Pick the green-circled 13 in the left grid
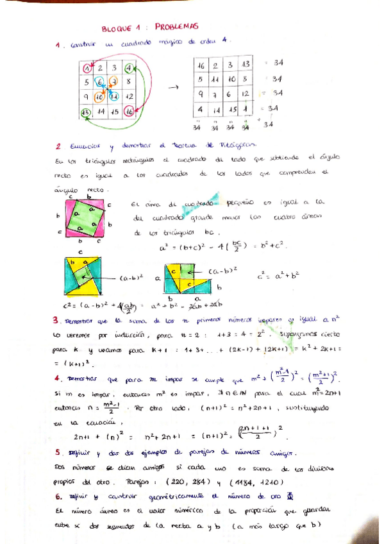86,111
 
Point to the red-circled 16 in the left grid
129,111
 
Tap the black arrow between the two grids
172,88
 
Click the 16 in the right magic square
201,65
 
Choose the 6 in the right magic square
231,94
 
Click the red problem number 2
58,146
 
